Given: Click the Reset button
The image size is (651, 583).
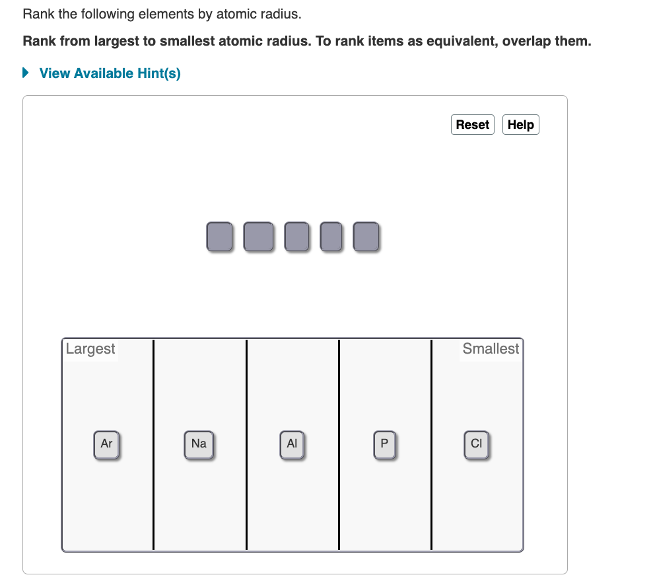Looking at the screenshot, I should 472,124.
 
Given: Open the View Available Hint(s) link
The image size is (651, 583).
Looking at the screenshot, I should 110,73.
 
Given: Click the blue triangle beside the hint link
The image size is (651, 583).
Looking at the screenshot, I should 26,73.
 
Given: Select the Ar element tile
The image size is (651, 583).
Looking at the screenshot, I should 106,444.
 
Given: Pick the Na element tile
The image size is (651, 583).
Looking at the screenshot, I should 199,444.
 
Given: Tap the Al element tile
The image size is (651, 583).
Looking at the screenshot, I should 292,444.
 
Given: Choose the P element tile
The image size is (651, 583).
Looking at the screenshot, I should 384,444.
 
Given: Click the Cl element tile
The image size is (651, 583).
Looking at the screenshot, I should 477,444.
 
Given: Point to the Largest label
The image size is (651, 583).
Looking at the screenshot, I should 90,349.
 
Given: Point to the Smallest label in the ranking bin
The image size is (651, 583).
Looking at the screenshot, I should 491,349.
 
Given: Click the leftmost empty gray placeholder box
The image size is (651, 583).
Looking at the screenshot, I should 219,237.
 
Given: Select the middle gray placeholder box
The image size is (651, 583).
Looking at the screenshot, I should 296,237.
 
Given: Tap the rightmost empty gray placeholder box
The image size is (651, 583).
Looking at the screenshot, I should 366,237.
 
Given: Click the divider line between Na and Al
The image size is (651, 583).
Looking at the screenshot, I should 246,444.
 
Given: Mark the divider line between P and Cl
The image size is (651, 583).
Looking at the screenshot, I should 431,444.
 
